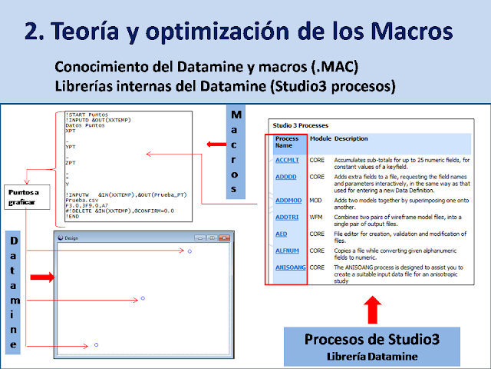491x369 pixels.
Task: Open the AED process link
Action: [x=282, y=235]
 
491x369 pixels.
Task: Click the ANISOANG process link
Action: [x=291, y=267]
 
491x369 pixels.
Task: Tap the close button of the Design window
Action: [x=224, y=238]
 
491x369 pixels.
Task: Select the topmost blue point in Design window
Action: [x=189, y=251]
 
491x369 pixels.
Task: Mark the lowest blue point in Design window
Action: [x=96, y=345]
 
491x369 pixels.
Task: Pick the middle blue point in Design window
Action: [x=143, y=298]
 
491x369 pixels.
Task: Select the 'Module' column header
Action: [x=319, y=138]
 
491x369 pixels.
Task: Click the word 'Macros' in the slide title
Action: [x=403, y=32]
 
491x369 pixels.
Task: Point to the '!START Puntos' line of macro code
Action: [x=87, y=115]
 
